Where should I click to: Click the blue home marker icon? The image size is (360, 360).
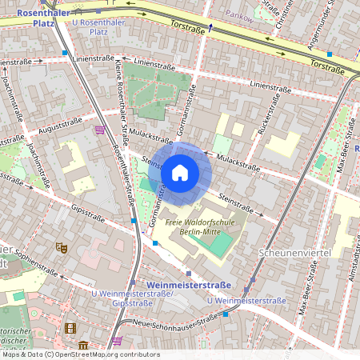[x=180, y=172]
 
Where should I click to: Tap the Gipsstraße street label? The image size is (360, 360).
[x=88, y=213]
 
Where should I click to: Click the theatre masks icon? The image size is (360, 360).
[x=60, y=247]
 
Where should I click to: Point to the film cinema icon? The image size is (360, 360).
[x=70, y=328]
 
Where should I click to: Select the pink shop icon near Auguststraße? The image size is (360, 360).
[x=100, y=129]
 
